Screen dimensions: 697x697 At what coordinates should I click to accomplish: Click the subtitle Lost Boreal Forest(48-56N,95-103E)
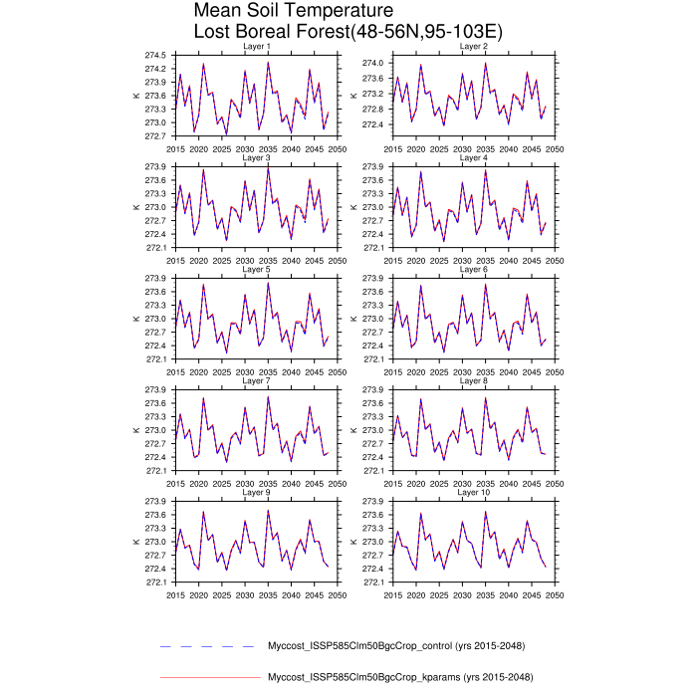point(348,32)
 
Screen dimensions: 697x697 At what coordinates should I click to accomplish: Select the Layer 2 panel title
point(473,47)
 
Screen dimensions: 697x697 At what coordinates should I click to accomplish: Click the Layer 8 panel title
point(473,381)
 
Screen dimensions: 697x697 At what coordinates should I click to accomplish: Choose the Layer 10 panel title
point(473,493)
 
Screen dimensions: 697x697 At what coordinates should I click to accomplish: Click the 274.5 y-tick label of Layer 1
point(154,55)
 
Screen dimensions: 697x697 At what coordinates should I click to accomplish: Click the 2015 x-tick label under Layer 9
point(175,594)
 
